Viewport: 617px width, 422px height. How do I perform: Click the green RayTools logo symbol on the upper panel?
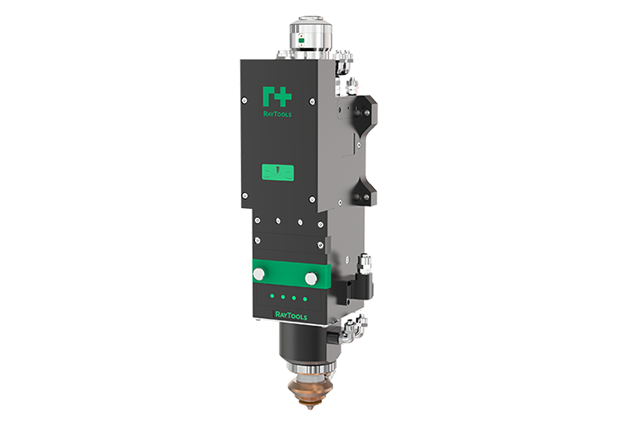tap(277, 97)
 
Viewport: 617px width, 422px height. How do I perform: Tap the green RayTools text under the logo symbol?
tap(277, 114)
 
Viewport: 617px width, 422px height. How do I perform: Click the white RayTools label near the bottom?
tap(290, 315)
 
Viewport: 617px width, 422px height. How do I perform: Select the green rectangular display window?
tap(278, 173)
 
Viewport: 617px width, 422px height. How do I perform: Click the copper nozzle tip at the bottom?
tap(310, 393)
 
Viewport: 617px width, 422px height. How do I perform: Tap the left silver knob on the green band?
tap(258, 274)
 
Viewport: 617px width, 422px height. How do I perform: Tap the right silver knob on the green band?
tap(311, 278)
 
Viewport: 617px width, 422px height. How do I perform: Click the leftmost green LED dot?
tap(271, 295)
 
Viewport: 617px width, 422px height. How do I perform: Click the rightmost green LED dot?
tap(305, 299)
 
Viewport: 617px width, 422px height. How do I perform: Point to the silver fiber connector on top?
tap(310, 37)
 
